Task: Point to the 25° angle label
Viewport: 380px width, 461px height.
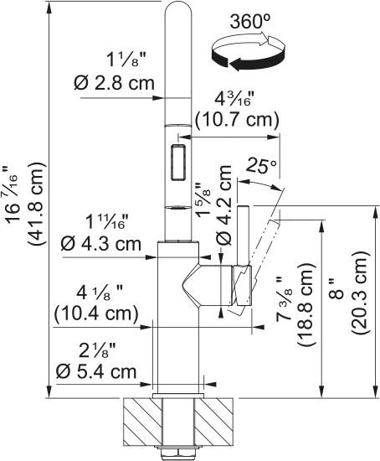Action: point(259,167)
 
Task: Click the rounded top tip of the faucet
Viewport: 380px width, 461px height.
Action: point(177,12)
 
